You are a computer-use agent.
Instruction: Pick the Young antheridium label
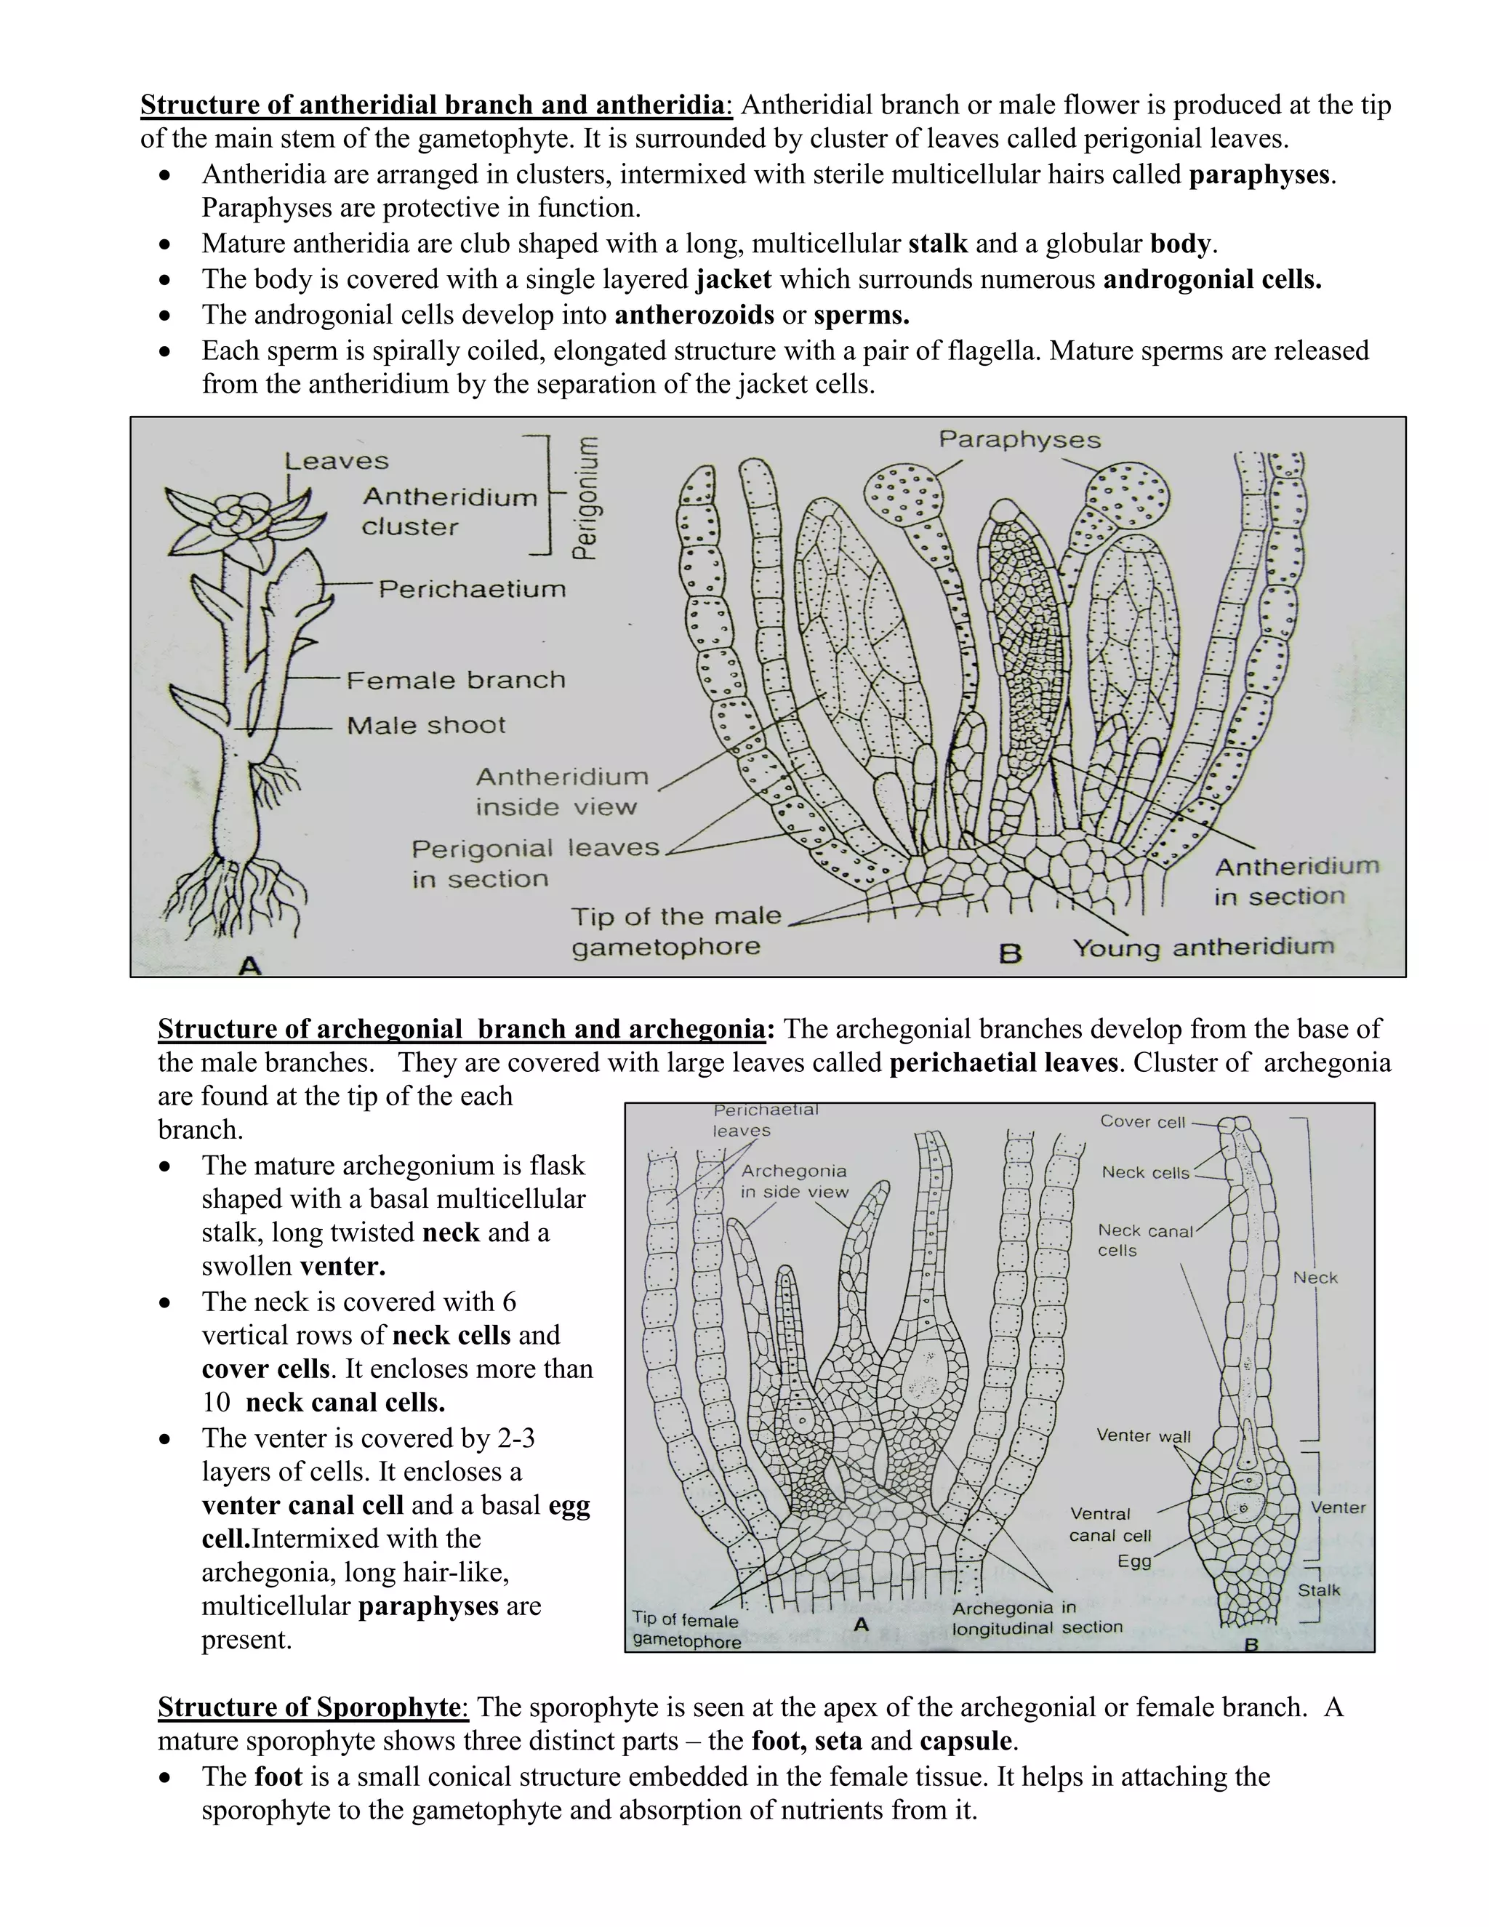(1203, 948)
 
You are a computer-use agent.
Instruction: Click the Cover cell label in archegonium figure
(1142, 1121)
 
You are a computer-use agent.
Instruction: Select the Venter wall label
(1143, 1435)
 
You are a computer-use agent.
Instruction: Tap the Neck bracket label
(1315, 1278)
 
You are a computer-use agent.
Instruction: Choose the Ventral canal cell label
(1109, 1525)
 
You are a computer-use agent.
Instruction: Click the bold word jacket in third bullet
(734, 280)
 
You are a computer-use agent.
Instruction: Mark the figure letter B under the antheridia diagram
(1010, 954)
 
